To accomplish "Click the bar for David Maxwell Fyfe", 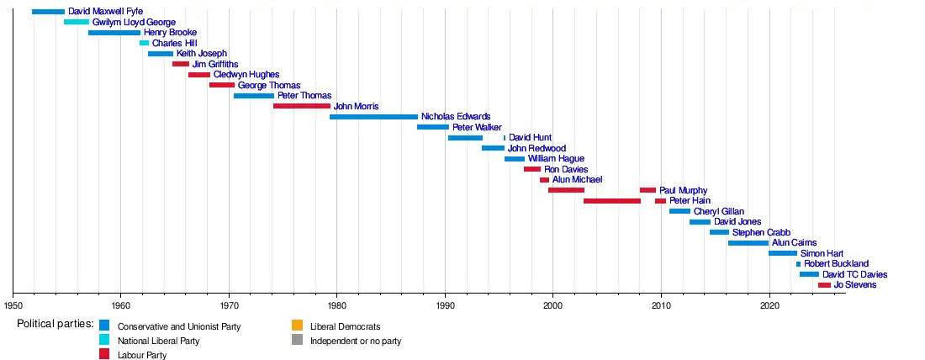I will click(x=48, y=12).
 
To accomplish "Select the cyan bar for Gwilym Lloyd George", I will click(x=77, y=22).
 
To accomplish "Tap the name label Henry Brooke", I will click(x=170, y=33).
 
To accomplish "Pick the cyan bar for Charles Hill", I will click(x=144, y=43).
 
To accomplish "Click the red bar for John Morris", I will click(x=302, y=106).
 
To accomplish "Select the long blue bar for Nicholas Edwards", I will click(x=373, y=117).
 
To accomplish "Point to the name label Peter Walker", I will click(x=477, y=127).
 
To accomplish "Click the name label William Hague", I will click(x=556, y=159).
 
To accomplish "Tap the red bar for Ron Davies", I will click(x=532, y=169).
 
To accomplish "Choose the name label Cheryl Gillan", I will click(x=718, y=211).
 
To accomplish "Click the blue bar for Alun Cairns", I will click(x=748, y=243).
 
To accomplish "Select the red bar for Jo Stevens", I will click(x=824, y=285).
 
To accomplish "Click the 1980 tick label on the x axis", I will click(x=336, y=305).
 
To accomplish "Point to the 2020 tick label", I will click(x=769, y=305).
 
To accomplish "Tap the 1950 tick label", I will click(x=13, y=305).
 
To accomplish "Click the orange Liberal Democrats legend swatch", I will click(x=297, y=326).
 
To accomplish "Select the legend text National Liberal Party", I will click(x=158, y=341).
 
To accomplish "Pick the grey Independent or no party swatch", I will click(x=297, y=341).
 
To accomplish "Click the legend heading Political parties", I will click(x=55, y=325).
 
